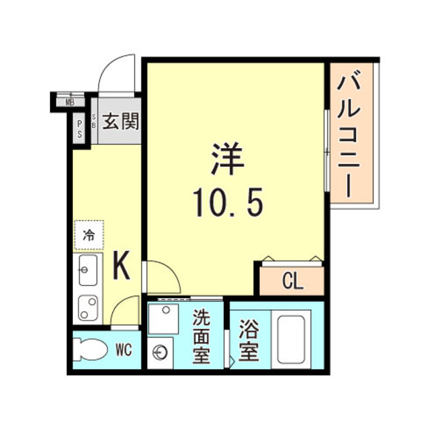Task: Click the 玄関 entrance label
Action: (121, 121)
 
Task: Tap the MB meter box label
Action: (70, 103)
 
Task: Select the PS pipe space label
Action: (80, 129)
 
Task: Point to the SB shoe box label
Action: (93, 121)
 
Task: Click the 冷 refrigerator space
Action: (89, 235)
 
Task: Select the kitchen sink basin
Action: (87, 270)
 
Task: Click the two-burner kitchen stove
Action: (87, 308)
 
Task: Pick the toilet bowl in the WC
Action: (90, 349)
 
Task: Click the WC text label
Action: (124, 350)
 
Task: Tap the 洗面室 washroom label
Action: (201, 337)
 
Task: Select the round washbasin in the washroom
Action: (160, 353)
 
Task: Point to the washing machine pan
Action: (163, 319)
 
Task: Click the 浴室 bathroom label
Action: (249, 340)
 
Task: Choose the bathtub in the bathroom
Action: (291, 339)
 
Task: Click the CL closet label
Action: (293, 282)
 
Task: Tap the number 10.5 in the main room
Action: (228, 202)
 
